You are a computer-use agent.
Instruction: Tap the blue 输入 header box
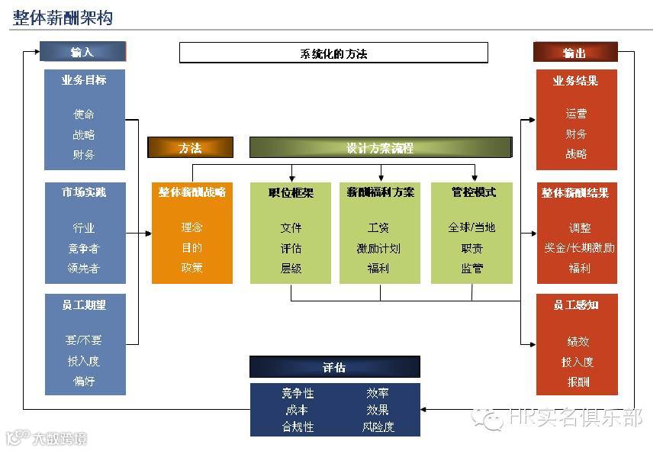[x=82, y=52]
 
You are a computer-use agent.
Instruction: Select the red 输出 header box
[x=575, y=53]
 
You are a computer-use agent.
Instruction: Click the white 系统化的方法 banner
[x=333, y=53]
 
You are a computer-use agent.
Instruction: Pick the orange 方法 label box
[x=190, y=148]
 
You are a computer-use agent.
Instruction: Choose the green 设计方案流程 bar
[x=381, y=148]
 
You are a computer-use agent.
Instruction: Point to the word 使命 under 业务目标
[x=84, y=114]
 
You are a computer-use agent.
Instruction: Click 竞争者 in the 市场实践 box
[x=84, y=248]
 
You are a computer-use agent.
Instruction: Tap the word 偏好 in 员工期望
[x=84, y=381]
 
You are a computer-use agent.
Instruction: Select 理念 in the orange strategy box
[x=191, y=227]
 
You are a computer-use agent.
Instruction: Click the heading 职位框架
[x=291, y=192]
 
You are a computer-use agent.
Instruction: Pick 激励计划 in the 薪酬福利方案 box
[x=379, y=248]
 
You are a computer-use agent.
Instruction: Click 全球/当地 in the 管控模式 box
[x=472, y=227]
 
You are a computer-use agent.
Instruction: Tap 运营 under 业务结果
[x=577, y=114]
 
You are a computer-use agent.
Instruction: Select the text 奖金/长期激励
[x=579, y=248]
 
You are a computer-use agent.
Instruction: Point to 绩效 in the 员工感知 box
[x=578, y=342]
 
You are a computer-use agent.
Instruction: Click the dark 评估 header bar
[x=334, y=368]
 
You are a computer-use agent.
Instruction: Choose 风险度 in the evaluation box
[x=378, y=427]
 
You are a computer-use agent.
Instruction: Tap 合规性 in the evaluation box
[x=298, y=427]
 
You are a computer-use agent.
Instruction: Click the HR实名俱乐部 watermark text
[x=574, y=417]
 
